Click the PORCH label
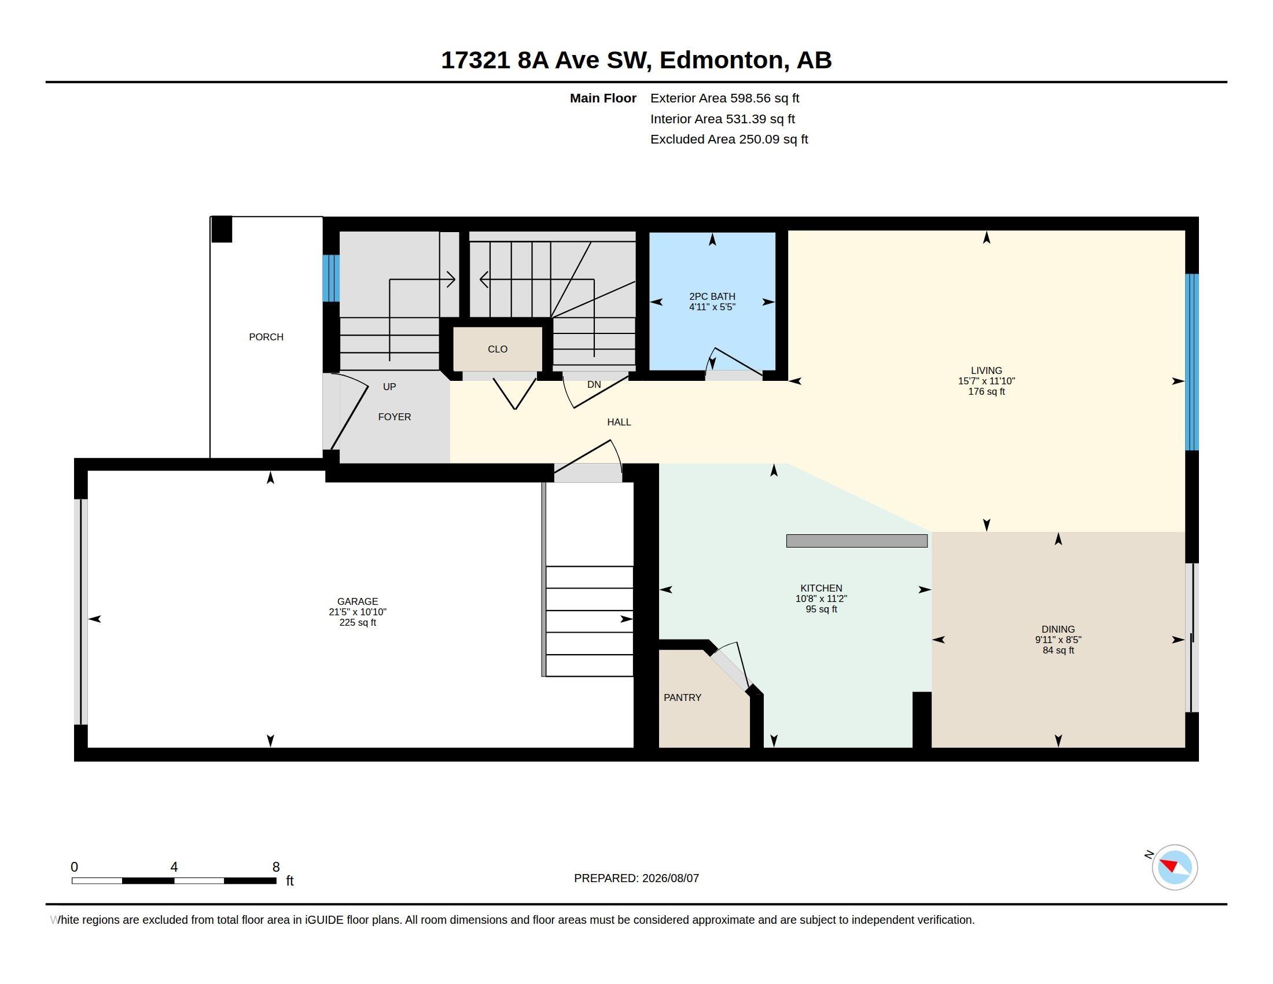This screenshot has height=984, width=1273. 266,337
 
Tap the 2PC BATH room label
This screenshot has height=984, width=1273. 712,296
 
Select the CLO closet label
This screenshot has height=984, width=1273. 497,349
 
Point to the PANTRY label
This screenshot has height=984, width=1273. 682,697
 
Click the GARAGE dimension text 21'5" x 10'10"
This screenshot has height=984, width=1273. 357,612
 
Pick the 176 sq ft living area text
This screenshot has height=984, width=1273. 986,392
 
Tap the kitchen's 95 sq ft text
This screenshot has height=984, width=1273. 821,609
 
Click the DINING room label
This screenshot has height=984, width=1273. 1058,630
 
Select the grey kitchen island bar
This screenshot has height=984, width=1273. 857,541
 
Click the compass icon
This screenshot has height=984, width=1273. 1175,867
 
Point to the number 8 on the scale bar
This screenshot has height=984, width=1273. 275,867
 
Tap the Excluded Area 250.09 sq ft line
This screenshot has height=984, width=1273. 729,139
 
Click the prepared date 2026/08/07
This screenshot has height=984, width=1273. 670,878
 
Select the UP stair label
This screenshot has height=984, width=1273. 389,387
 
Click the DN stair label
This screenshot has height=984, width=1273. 594,385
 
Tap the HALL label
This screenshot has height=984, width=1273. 619,422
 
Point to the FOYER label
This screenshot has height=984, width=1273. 395,417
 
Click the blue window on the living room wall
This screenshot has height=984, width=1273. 1192,362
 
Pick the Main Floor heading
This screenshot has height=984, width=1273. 603,98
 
